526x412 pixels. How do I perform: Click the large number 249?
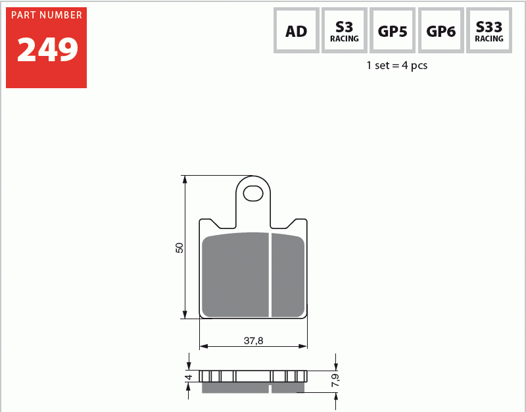(x=47, y=49)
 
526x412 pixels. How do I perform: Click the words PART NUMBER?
(x=47, y=15)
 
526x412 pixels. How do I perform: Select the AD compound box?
(x=297, y=30)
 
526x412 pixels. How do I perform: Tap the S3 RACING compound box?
(x=345, y=30)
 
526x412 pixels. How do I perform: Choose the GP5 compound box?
(x=393, y=30)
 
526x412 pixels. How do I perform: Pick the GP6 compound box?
(x=441, y=30)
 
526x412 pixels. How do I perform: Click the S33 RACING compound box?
(x=489, y=30)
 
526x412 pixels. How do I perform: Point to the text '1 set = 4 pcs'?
(x=397, y=65)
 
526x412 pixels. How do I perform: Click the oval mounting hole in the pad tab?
(x=253, y=193)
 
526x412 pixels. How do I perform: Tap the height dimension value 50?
(x=179, y=248)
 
